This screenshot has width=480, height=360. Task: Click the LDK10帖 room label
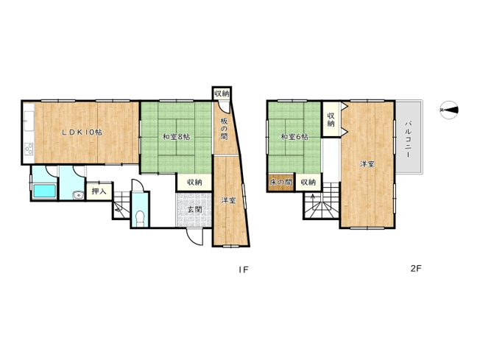(81, 133)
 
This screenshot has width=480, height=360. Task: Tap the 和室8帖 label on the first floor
(176, 137)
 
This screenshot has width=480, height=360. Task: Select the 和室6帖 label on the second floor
(294, 137)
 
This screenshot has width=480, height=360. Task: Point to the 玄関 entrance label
(194, 210)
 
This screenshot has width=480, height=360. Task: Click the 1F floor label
(242, 269)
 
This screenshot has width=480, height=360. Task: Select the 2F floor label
(415, 269)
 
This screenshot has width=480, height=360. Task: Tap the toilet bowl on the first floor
(139, 217)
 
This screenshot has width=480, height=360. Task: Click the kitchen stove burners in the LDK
(29, 150)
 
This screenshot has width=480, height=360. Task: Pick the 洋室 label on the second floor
(367, 164)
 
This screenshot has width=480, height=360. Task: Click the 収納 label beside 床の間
(308, 182)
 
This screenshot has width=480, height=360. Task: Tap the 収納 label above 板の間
(222, 93)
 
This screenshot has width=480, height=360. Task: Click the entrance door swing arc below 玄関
(192, 237)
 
